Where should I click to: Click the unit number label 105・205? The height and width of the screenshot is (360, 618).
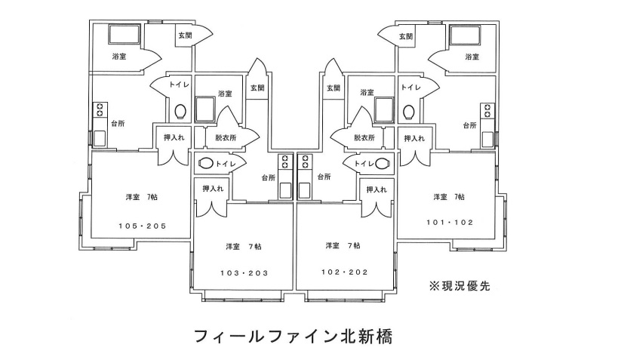point(143,226)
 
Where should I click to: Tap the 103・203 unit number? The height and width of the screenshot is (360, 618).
point(244,272)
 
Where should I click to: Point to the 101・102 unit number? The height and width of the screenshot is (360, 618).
point(449,223)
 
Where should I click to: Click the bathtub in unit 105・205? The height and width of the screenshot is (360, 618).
point(125,35)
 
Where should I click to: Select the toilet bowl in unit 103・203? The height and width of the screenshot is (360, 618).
point(205,164)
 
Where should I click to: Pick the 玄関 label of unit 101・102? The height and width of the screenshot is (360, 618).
point(405,35)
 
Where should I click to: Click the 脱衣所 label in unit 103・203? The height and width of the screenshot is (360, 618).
point(225,138)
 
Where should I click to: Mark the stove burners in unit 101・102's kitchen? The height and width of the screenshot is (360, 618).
point(488,112)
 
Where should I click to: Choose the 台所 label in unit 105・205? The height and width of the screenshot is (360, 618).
point(118,125)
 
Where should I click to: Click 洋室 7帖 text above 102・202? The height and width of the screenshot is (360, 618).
point(343,246)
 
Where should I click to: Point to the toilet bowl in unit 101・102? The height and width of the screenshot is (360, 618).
point(408,112)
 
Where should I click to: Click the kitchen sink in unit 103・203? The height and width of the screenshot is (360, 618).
point(285,189)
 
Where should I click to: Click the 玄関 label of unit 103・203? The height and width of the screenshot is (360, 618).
point(257,88)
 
